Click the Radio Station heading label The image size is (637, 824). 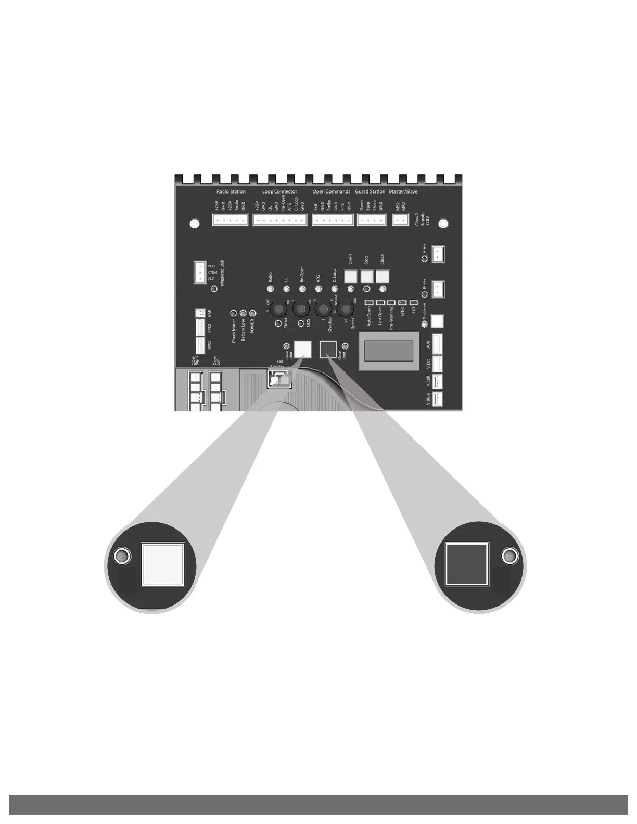tap(231, 191)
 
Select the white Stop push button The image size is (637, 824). tap(367, 275)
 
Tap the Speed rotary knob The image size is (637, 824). tap(345, 310)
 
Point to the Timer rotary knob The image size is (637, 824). tap(278, 310)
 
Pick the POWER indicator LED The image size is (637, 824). tap(253, 313)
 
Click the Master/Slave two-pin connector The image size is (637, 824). tap(400, 221)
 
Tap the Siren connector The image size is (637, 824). tap(438, 254)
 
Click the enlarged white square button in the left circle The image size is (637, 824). tap(163, 564)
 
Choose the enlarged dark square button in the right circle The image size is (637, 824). tap(467, 563)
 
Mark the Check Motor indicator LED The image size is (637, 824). tap(234, 313)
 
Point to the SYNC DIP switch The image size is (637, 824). tap(402, 302)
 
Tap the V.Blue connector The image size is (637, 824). tap(438, 399)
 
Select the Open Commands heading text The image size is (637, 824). tap(331, 191)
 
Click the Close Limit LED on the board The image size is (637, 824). tap(345, 346)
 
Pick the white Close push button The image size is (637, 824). tap(383, 275)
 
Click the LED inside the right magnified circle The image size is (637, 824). tap(510, 557)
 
